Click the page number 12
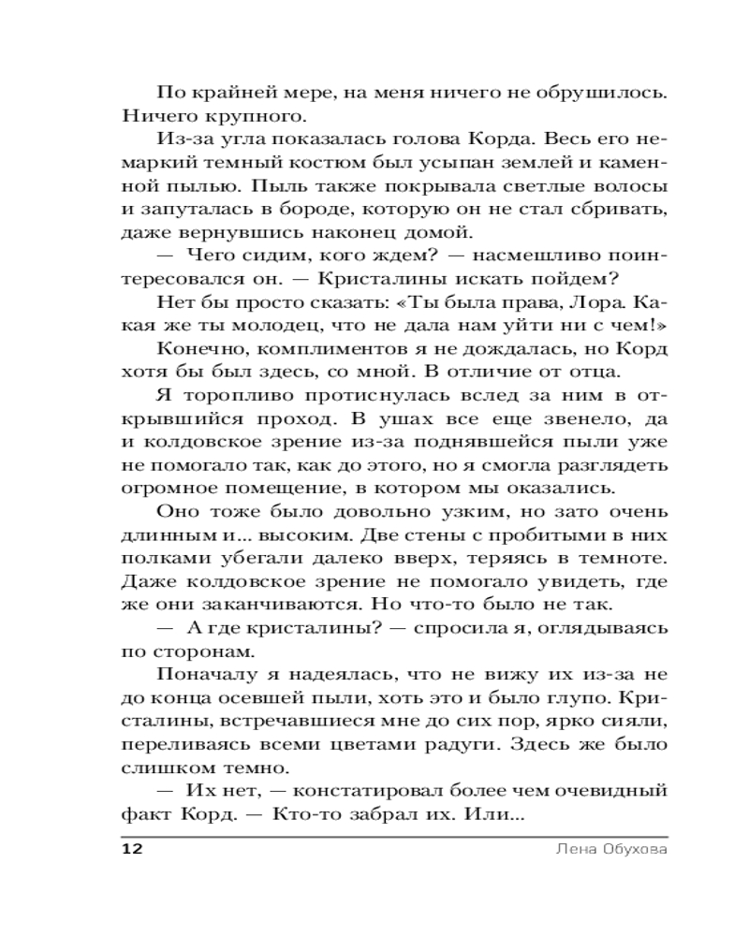coord(131,851)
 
